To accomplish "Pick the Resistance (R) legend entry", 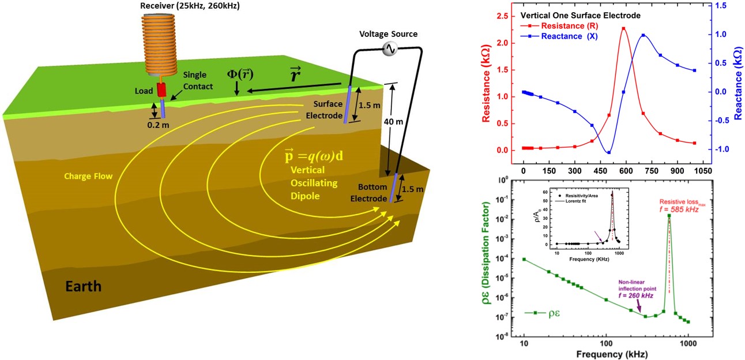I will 573,25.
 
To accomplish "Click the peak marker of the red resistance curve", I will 623,28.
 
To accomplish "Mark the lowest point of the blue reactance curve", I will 609,152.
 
